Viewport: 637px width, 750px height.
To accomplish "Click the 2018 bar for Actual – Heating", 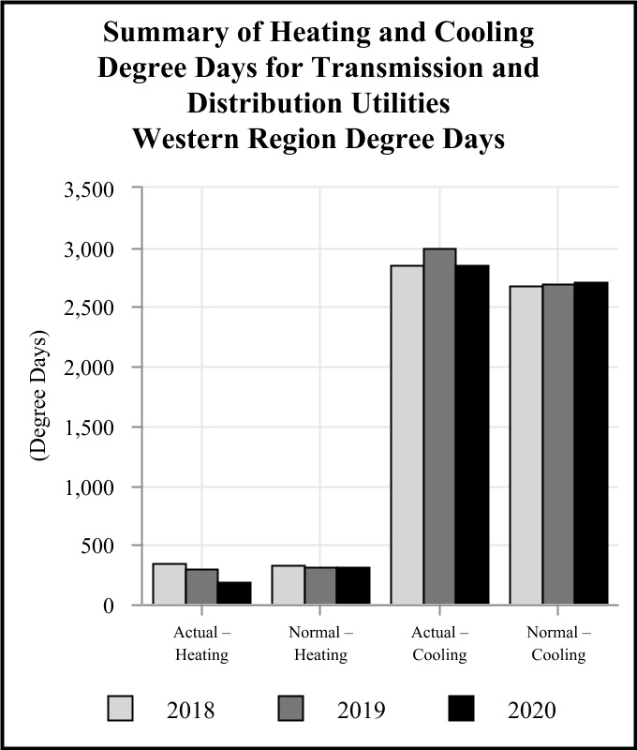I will pyautogui.click(x=170, y=584).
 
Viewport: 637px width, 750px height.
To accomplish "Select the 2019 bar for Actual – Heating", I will pyautogui.click(x=201, y=587).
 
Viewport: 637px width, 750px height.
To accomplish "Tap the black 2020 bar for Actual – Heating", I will pyautogui.click(x=234, y=593).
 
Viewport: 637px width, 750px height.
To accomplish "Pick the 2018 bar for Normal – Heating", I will pyautogui.click(x=289, y=585).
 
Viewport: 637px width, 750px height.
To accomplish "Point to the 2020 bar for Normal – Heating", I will pyautogui.click(x=353, y=586).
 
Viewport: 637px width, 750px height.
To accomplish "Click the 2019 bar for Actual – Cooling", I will pyautogui.click(x=439, y=427).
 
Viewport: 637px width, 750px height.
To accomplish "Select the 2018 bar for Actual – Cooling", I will pyautogui.click(x=407, y=435).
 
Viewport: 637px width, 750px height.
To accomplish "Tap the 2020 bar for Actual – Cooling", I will pyautogui.click(x=472, y=435).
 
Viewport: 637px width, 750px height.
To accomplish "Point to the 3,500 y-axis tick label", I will pyautogui.click(x=88, y=189).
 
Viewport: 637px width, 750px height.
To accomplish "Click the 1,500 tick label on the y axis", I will pyautogui.click(x=88, y=427).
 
